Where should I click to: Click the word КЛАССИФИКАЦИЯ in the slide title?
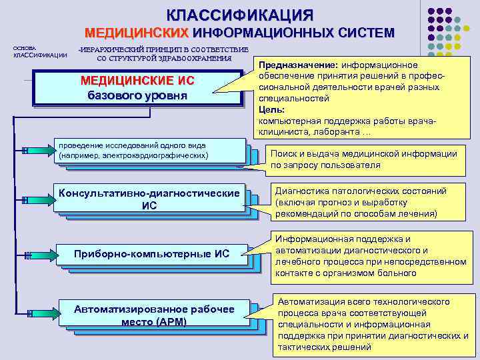tap(239, 15)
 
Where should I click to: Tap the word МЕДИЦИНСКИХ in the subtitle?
tap(137, 33)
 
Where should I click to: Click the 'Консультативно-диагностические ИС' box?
tap(149, 199)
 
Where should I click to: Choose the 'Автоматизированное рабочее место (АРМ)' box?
tap(154, 315)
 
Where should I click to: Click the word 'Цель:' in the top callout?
tap(272, 109)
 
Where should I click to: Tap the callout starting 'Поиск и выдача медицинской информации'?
tap(363, 159)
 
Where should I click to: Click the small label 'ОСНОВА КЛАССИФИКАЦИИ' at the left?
tap(39, 51)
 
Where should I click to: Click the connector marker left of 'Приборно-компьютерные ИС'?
tap(27, 255)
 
